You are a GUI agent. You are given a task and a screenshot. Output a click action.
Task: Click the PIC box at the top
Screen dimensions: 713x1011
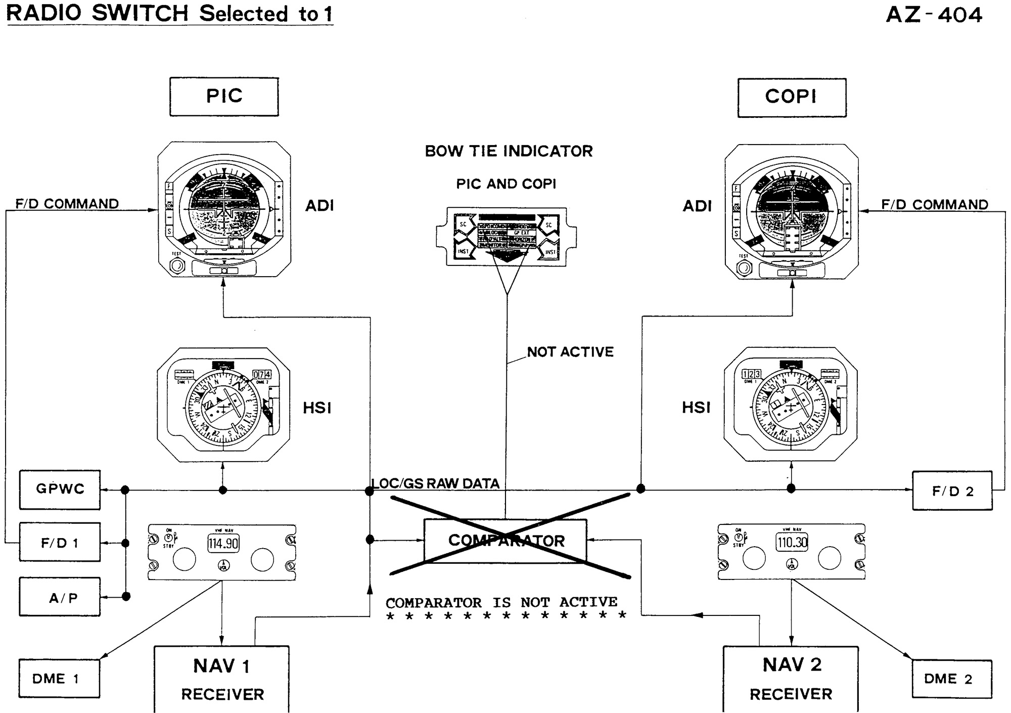224,97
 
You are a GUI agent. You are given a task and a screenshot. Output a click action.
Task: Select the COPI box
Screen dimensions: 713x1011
792,97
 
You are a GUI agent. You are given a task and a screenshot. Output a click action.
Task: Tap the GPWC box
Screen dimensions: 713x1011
60,489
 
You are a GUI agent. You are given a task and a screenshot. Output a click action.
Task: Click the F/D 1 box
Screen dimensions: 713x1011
60,543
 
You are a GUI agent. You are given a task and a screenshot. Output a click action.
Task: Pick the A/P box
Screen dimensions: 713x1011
60,597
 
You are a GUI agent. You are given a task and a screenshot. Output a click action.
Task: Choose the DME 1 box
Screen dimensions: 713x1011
59,679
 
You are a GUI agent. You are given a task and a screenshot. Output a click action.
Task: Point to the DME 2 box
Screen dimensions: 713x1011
952,679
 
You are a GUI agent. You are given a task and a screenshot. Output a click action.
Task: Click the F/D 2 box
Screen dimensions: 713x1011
952,491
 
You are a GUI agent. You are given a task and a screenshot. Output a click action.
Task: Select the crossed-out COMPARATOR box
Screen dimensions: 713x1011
505,541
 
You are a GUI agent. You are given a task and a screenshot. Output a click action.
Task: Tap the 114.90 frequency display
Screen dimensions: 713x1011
223,544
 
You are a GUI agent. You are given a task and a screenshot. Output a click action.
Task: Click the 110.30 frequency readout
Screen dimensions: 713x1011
792,543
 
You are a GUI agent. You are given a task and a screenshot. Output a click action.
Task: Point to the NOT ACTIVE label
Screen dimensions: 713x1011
570,352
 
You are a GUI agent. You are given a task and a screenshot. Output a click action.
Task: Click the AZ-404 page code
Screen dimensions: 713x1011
934,15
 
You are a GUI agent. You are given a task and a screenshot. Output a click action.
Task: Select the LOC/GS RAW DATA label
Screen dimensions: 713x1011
436,484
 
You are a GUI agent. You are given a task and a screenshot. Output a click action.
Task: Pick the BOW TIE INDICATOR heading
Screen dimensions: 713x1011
509,151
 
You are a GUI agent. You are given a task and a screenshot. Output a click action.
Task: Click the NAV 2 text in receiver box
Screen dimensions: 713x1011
792,665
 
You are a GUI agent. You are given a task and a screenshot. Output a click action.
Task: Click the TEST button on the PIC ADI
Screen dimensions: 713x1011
176,265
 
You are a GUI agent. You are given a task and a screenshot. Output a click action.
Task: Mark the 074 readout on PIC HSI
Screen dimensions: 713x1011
262,375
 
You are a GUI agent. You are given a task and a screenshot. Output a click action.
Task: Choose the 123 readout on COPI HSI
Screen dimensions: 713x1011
751,374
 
